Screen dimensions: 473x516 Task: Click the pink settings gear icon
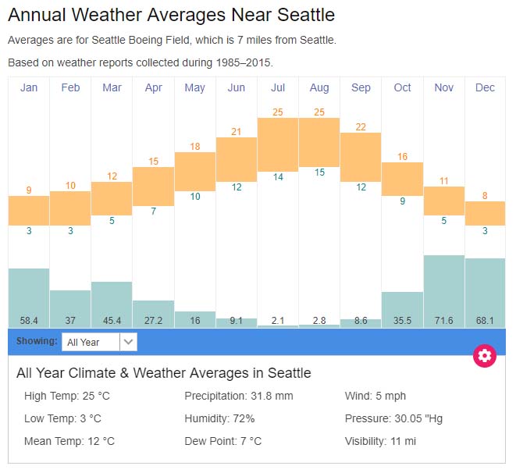pyautogui.click(x=485, y=356)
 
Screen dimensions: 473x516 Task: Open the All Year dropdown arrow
pyautogui.click(x=129, y=342)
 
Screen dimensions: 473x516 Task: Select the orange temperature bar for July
pyautogui.click(x=278, y=142)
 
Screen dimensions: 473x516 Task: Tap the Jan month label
pyautogui.click(x=29, y=87)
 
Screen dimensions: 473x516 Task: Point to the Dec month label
pyautogui.click(x=485, y=87)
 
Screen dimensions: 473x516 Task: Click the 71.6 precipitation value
pyautogui.click(x=444, y=320)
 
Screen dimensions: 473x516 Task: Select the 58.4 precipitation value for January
pyautogui.click(x=29, y=320)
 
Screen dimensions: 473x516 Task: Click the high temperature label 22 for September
pyautogui.click(x=361, y=127)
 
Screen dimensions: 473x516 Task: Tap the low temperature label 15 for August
pyautogui.click(x=319, y=172)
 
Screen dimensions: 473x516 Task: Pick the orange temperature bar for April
pyautogui.click(x=153, y=187)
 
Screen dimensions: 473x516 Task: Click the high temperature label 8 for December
pyautogui.click(x=485, y=196)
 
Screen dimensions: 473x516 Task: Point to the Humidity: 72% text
pyautogui.click(x=219, y=419)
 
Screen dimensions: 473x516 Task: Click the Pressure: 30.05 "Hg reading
pyautogui.click(x=393, y=419)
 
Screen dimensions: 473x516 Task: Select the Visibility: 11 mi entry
pyautogui.click(x=380, y=441)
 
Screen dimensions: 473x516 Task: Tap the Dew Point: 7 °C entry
pyautogui.click(x=222, y=441)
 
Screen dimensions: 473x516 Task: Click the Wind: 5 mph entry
pyautogui.click(x=375, y=397)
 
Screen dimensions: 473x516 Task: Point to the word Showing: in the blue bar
pyautogui.click(x=37, y=341)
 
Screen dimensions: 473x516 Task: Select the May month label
pyautogui.click(x=194, y=87)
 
